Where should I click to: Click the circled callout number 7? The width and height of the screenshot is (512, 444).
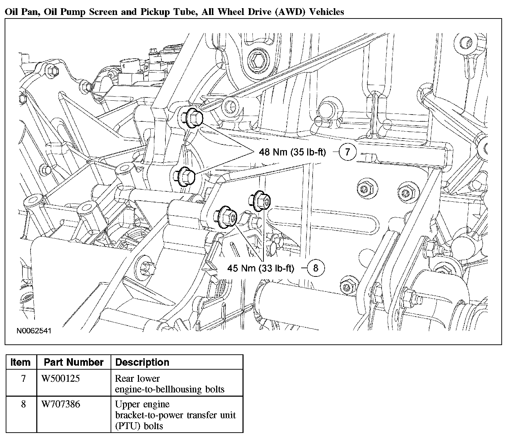click(x=347, y=152)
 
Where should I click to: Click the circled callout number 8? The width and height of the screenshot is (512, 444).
click(x=315, y=268)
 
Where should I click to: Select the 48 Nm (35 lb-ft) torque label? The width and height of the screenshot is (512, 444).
click(x=292, y=152)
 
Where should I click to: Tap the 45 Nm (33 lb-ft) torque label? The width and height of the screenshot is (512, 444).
click(x=261, y=268)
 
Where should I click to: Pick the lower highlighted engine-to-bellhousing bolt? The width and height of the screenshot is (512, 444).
click(x=185, y=176)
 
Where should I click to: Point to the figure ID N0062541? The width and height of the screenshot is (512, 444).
click(x=34, y=331)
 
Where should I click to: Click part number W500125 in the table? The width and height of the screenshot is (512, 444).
click(x=60, y=378)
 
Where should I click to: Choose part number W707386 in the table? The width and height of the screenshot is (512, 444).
click(x=60, y=404)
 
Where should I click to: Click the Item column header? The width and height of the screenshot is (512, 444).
click(x=21, y=363)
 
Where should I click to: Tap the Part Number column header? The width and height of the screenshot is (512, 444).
click(x=74, y=363)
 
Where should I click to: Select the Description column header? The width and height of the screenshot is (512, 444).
click(x=142, y=363)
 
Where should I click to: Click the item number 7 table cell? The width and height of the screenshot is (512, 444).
click(x=23, y=378)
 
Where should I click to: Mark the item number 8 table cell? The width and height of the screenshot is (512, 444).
click(x=23, y=404)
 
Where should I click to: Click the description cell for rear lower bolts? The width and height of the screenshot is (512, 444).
click(x=170, y=384)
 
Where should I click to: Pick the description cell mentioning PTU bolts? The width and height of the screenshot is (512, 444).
click(x=175, y=415)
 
